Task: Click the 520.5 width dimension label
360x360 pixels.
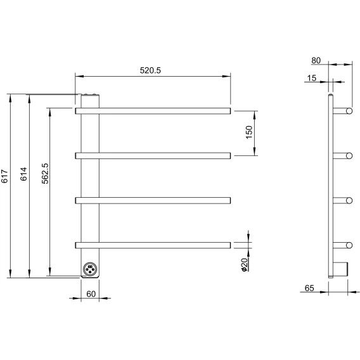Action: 150,70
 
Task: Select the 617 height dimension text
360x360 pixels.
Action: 4,176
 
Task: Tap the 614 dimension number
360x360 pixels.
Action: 23,174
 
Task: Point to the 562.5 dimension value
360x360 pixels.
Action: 45,174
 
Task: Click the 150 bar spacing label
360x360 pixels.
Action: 249,132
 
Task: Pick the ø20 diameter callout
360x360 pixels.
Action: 245,265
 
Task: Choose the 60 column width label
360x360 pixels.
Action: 91,294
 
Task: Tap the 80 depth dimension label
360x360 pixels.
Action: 316,61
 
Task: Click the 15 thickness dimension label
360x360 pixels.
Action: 312,78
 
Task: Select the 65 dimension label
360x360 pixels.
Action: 309,288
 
